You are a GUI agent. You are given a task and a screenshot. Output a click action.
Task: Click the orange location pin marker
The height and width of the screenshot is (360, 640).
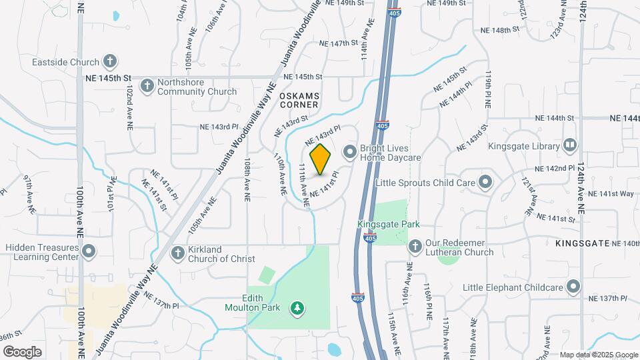click(x=321, y=159)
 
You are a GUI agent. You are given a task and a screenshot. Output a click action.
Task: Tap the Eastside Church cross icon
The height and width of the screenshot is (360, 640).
click(x=110, y=62)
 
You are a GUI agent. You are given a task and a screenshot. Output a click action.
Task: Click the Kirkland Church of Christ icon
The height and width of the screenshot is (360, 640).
click(x=177, y=253)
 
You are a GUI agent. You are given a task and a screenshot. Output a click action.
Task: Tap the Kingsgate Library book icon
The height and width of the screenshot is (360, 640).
click(x=569, y=145)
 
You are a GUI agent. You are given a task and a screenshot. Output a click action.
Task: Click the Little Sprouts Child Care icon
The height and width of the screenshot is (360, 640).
click(x=485, y=181)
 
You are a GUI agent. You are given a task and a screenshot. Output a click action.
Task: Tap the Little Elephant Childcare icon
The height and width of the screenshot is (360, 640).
click(x=573, y=287)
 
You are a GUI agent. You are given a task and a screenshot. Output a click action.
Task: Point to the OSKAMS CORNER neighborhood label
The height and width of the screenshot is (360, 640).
click(x=300, y=100)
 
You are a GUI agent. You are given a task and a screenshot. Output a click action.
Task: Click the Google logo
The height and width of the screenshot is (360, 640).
click(x=23, y=351)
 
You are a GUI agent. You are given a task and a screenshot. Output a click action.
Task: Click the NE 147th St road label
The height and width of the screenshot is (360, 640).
click(x=339, y=43)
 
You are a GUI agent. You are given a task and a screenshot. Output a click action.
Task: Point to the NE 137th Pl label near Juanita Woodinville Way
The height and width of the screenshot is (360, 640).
click(x=161, y=301)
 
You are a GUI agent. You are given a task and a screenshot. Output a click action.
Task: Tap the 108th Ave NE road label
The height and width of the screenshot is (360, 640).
click(x=247, y=175)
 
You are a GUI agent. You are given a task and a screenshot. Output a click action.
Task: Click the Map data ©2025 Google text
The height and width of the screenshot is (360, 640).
click(x=599, y=355)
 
